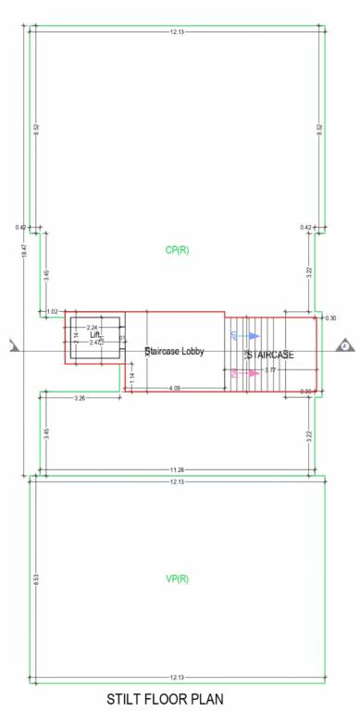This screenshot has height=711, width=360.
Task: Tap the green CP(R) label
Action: [177, 250]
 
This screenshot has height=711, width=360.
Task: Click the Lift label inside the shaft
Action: [94, 335]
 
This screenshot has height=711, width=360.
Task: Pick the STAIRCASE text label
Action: [270, 354]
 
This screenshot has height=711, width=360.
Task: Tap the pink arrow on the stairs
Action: [250, 373]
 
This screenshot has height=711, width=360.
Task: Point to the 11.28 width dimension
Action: [177, 469]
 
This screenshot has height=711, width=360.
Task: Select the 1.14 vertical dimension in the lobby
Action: [132, 378]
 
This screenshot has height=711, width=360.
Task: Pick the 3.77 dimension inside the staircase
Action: [270, 369]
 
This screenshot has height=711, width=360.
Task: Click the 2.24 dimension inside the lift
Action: [92, 328]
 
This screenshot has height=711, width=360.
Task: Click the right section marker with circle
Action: [344, 346]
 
